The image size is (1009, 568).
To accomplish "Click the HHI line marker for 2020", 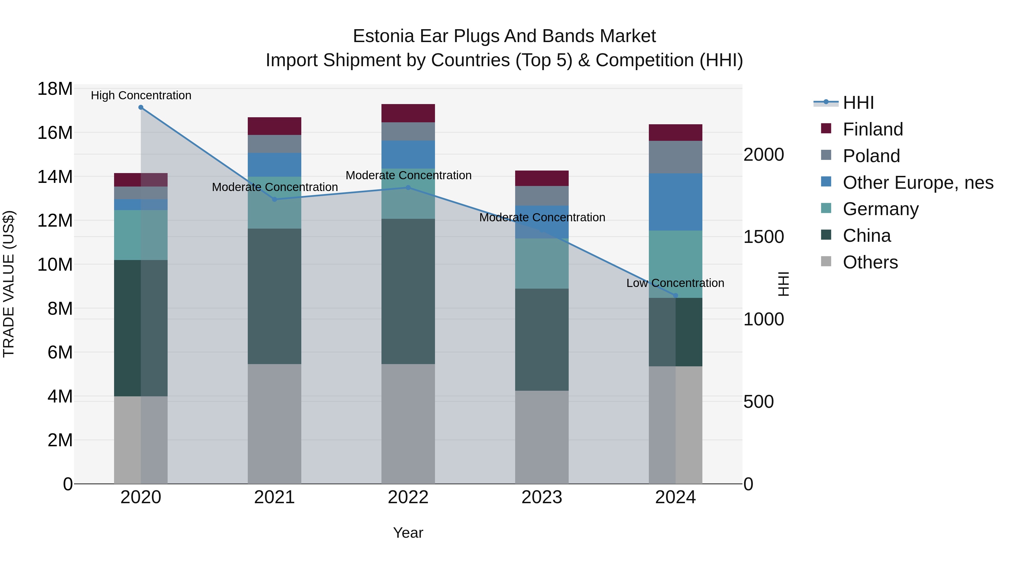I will point(141,107).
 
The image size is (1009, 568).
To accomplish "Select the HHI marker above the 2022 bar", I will point(408,188).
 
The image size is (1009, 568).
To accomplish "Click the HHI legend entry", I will point(858,103).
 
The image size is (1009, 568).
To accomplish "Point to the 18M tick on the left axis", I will point(55,89).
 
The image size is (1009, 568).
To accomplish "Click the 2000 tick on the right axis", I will point(763,155).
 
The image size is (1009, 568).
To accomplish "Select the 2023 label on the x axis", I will point(542,497).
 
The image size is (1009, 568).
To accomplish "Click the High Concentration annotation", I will point(141,96).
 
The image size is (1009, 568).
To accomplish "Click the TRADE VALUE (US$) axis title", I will point(9,284).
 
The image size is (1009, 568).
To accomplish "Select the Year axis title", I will point(408,533).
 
